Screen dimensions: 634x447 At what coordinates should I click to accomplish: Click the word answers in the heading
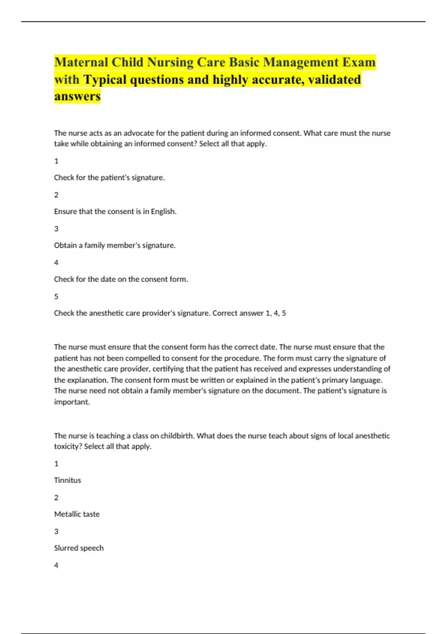(x=77, y=96)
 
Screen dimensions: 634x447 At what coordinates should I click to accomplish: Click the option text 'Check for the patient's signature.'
(x=109, y=178)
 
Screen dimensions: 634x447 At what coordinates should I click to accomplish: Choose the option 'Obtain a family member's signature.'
(x=115, y=245)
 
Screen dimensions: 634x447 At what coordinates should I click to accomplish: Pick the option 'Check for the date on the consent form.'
(x=121, y=279)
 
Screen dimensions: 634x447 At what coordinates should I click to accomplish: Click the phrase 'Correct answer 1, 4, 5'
(x=249, y=313)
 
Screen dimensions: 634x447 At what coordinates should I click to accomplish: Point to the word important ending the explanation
(x=72, y=402)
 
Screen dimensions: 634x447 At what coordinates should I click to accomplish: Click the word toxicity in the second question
(x=68, y=446)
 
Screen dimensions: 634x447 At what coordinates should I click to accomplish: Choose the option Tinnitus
(x=67, y=480)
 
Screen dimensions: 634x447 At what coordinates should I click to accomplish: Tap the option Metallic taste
(x=77, y=514)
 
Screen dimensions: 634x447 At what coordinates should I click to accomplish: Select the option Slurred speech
(x=79, y=548)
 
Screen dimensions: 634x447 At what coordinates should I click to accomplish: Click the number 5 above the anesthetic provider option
(x=56, y=296)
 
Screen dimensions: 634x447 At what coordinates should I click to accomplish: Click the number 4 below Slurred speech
(x=56, y=565)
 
